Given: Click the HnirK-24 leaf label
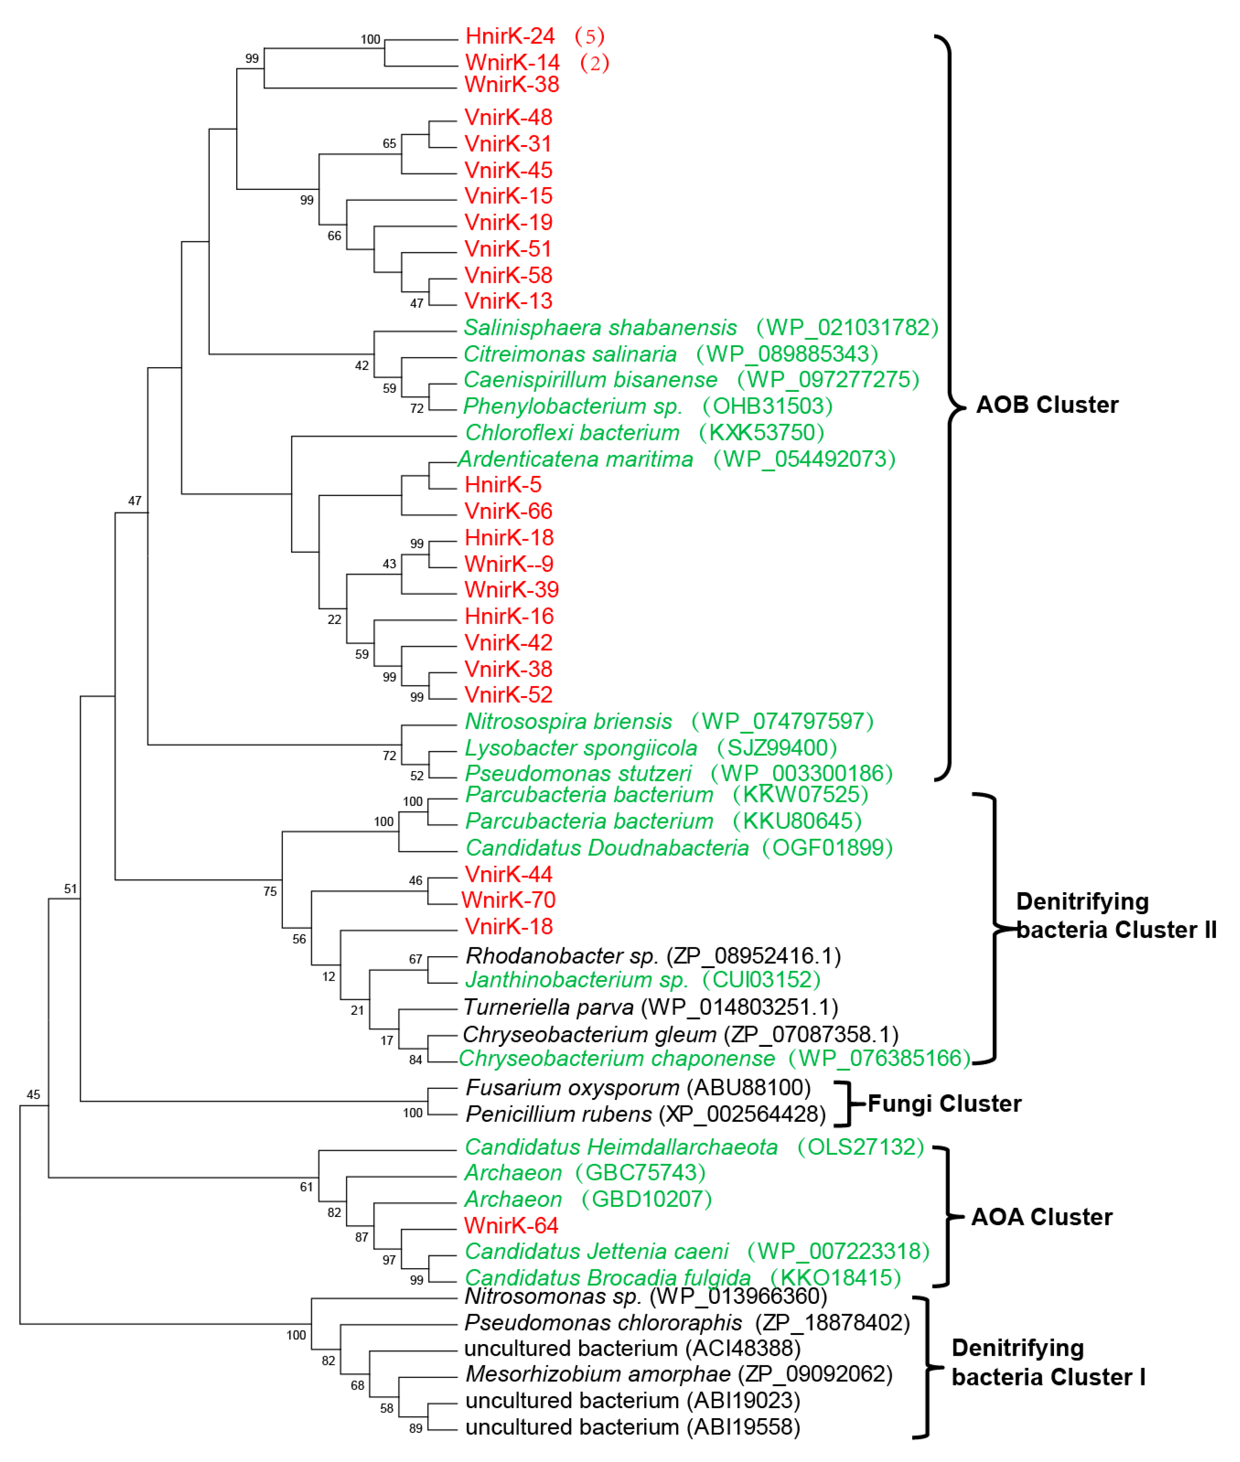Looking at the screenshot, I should [510, 36].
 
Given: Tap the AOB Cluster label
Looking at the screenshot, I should [1047, 405].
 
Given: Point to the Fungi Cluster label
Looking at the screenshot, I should [944, 1103].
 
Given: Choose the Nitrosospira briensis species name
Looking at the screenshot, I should [568, 722].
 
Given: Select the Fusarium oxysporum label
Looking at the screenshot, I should [572, 1088].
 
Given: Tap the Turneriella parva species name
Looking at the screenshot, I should [548, 1007].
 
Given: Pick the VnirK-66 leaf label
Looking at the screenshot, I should [508, 511].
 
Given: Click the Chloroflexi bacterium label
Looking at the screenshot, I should [572, 432].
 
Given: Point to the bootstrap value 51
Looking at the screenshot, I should [70, 889].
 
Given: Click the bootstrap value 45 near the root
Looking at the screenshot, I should [33, 1095].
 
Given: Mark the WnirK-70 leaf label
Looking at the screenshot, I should [508, 900].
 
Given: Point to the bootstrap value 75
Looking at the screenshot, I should [270, 892].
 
